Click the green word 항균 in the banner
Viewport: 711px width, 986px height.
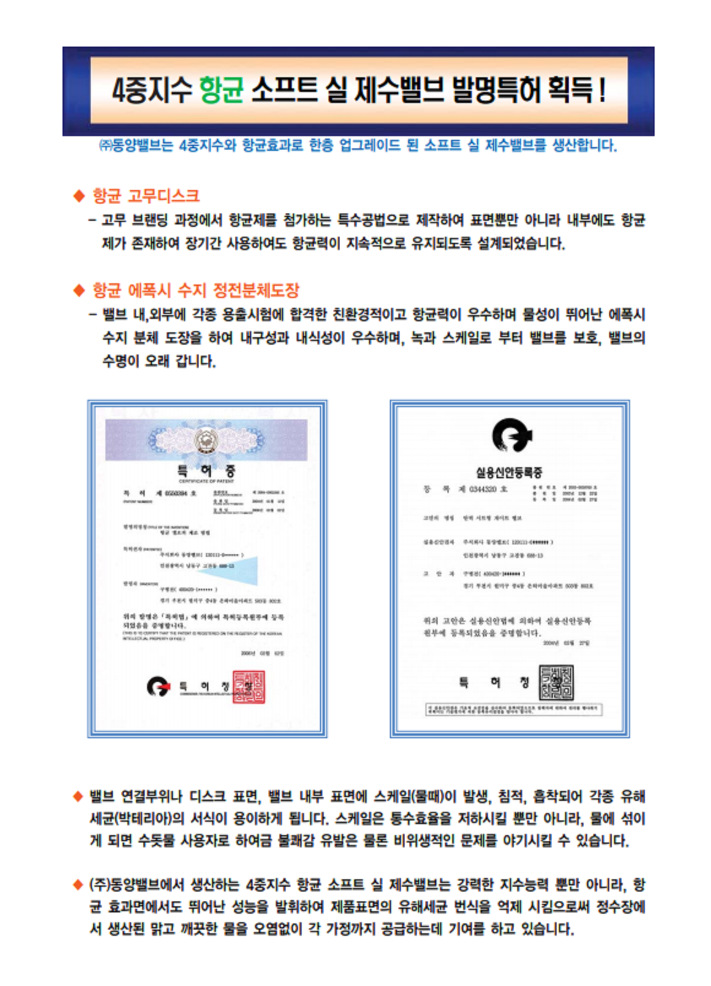coord(221,90)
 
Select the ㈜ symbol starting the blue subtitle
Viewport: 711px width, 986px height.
coord(105,146)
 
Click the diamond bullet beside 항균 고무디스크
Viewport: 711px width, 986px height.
coord(78,196)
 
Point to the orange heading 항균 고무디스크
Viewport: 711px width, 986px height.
coord(146,196)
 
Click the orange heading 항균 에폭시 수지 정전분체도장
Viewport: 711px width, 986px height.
coord(196,290)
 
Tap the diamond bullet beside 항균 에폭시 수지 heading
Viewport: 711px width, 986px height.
coord(78,291)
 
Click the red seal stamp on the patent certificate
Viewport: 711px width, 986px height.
coord(248,687)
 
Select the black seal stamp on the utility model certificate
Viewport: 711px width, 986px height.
coord(557,682)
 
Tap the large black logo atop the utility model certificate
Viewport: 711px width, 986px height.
coord(511,435)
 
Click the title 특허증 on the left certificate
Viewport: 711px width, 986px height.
coord(206,471)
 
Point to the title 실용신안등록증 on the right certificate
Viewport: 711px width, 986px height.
coord(509,472)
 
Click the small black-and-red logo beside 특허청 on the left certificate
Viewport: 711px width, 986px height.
coord(158,686)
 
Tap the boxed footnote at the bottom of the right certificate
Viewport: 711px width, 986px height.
coord(514,709)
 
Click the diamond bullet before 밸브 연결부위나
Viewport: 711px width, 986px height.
coord(78,797)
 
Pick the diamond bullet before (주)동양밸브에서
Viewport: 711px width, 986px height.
coord(78,885)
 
